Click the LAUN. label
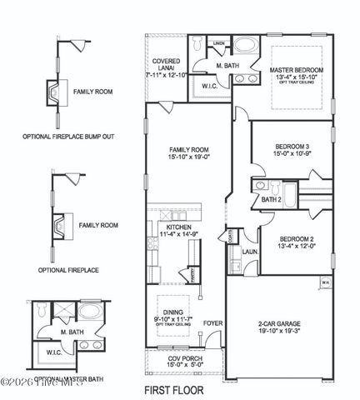[x=247, y=249]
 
